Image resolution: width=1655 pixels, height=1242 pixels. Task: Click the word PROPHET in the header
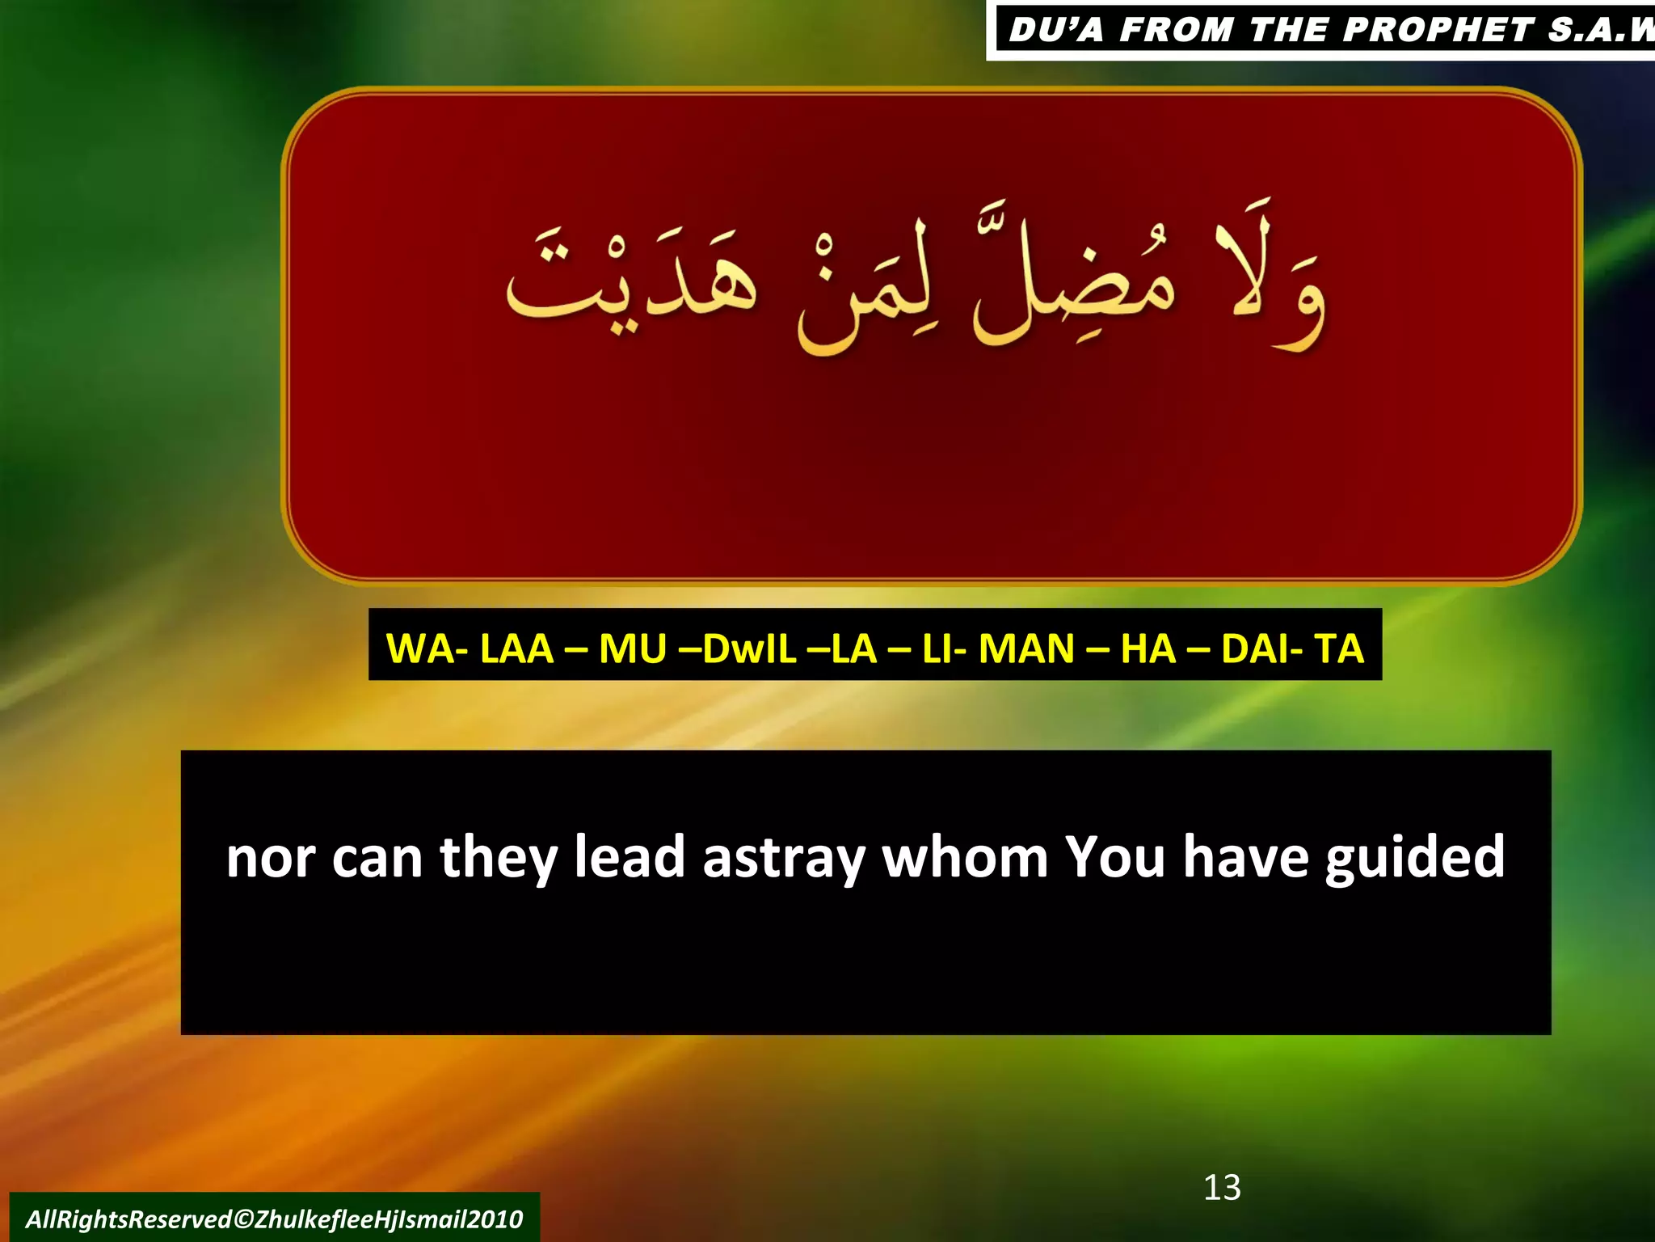pyautogui.click(x=1438, y=31)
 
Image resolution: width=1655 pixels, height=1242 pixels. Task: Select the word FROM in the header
pyautogui.click(x=1177, y=31)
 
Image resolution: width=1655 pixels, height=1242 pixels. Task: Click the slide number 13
pyautogui.click(x=1222, y=1188)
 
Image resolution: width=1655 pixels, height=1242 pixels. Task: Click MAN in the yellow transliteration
pyautogui.click(x=1026, y=648)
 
